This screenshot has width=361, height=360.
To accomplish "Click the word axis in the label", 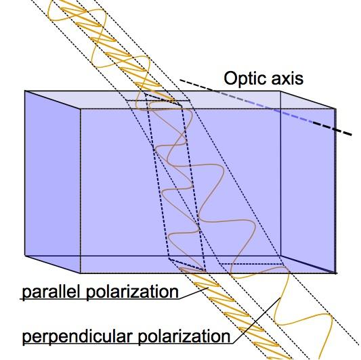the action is [x=287, y=78].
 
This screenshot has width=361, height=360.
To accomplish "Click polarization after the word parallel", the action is [x=132, y=292].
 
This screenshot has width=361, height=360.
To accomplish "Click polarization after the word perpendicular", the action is [x=184, y=336].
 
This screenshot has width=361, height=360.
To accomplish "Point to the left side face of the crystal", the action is [x=53, y=182].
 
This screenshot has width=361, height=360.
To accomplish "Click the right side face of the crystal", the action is [x=308, y=182].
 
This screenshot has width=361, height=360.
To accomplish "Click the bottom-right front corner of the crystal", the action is [x=336, y=273].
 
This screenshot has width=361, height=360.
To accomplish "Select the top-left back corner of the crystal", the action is [x=24, y=91].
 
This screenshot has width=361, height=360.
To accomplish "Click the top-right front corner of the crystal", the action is [x=336, y=109].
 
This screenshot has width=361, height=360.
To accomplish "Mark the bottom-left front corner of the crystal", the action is [x=81, y=273].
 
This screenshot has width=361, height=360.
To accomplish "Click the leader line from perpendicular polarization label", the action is [x=257, y=321].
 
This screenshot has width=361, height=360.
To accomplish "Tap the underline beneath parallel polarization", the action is [x=100, y=299].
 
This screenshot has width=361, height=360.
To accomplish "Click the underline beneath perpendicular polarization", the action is [x=128, y=344].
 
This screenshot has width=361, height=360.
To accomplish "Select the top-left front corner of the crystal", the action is [x=81, y=109].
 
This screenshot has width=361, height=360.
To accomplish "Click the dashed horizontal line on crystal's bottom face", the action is [x=251, y=264].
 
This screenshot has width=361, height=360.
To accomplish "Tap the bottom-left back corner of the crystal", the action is [x=24, y=255].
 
